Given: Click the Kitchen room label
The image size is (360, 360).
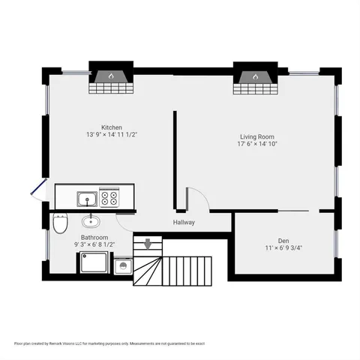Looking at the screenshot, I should (x=112, y=127).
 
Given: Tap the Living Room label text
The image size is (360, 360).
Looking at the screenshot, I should (x=256, y=136).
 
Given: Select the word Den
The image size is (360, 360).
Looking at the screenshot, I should (x=283, y=241).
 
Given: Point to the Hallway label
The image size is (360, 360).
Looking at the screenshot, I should (x=184, y=222).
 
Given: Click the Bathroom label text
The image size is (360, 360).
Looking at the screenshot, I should (x=94, y=237).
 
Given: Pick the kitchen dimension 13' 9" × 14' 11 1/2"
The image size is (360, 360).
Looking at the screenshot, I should (x=112, y=135).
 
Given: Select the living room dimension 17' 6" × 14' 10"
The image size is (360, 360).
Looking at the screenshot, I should (x=257, y=144).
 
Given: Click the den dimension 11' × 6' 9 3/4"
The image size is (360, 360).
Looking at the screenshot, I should (x=283, y=248).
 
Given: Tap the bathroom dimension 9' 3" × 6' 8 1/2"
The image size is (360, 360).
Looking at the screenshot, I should (x=94, y=244).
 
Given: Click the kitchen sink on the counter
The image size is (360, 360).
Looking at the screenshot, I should (x=86, y=199).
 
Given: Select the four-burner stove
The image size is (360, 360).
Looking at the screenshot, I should (x=109, y=199).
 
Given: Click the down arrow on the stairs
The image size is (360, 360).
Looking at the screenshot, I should (x=148, y=243).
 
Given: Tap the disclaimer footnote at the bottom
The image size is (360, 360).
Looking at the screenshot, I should (x=109, y=343).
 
